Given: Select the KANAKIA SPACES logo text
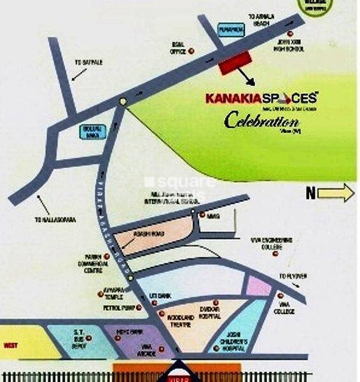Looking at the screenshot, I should tap(261, 99).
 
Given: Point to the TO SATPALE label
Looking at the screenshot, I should tap(88, 62).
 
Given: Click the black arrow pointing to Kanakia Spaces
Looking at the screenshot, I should tap(247, 78).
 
